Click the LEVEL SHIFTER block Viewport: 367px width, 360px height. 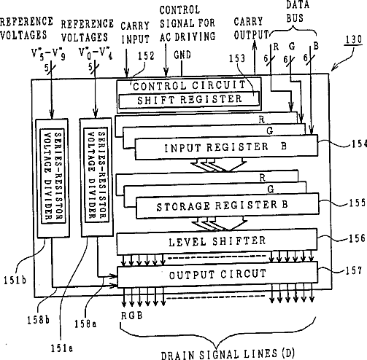pyautogui.click(x=217, y=241)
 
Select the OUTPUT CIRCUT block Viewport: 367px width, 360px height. pyautogui.click(x=217, y=275)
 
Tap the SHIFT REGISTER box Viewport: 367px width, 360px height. pyautogui.click(x=189, y=100)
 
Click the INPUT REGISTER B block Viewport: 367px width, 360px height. pyautogui.click(x=226, y=147)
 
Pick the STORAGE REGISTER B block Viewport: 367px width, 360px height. pyautogui.click(x=227, y=206)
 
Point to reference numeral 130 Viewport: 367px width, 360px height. pyautogui.click(x=354, y=39)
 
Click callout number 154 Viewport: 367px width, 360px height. pyautogui.click(x=359, y=144)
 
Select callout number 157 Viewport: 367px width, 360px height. pyautogui.click(x=354, y=270)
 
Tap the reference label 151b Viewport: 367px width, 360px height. pyautogui.click(x=15, y=281)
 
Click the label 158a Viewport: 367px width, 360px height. pyautogui.click(x=85, y=324)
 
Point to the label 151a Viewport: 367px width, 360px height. pyautogui.click(x=62, y=348)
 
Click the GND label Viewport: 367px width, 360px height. pyautogui.click(x=182, y=55)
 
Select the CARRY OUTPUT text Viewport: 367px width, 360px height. pyautogui.click(x=251, y=28)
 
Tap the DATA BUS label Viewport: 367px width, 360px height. pyautogui.click(x=298, y=11)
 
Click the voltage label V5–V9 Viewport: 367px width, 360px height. pyautogui.click(x=48, y=54)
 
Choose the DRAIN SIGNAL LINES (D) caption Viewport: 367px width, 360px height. pyautogui.click(x=228, y=354)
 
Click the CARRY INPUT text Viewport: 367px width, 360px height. pyautogui.click(x=135, y=33)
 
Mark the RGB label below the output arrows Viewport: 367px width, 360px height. pyautogui.click(x=131, y=316)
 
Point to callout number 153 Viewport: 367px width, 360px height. pyautogui.click(x=237, y=58)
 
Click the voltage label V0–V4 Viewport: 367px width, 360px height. pyautogui.click(x=96, y=53)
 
